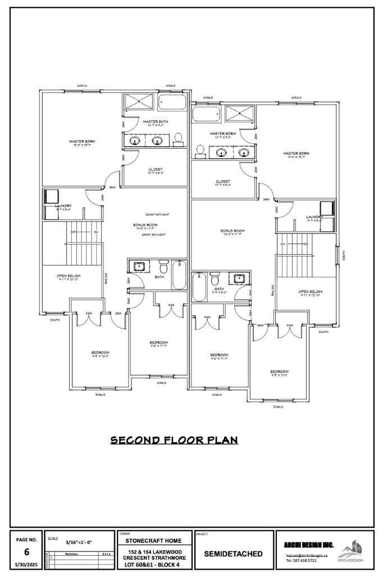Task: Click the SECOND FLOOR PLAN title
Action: pos(174,440)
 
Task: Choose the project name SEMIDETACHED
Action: pos(232,554)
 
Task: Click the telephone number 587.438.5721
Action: pos(302,560)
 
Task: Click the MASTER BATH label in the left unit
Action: pos(155,121)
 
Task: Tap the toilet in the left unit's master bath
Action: pos(178,138)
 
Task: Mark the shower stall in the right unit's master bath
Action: pos(240,114)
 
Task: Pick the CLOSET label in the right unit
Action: pos(222,181)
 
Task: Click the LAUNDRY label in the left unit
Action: pos(63,206)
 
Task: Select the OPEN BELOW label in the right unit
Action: pos(311,291)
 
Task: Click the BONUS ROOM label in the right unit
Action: pos(232,231)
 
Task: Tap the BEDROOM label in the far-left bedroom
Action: pos(100,353)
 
